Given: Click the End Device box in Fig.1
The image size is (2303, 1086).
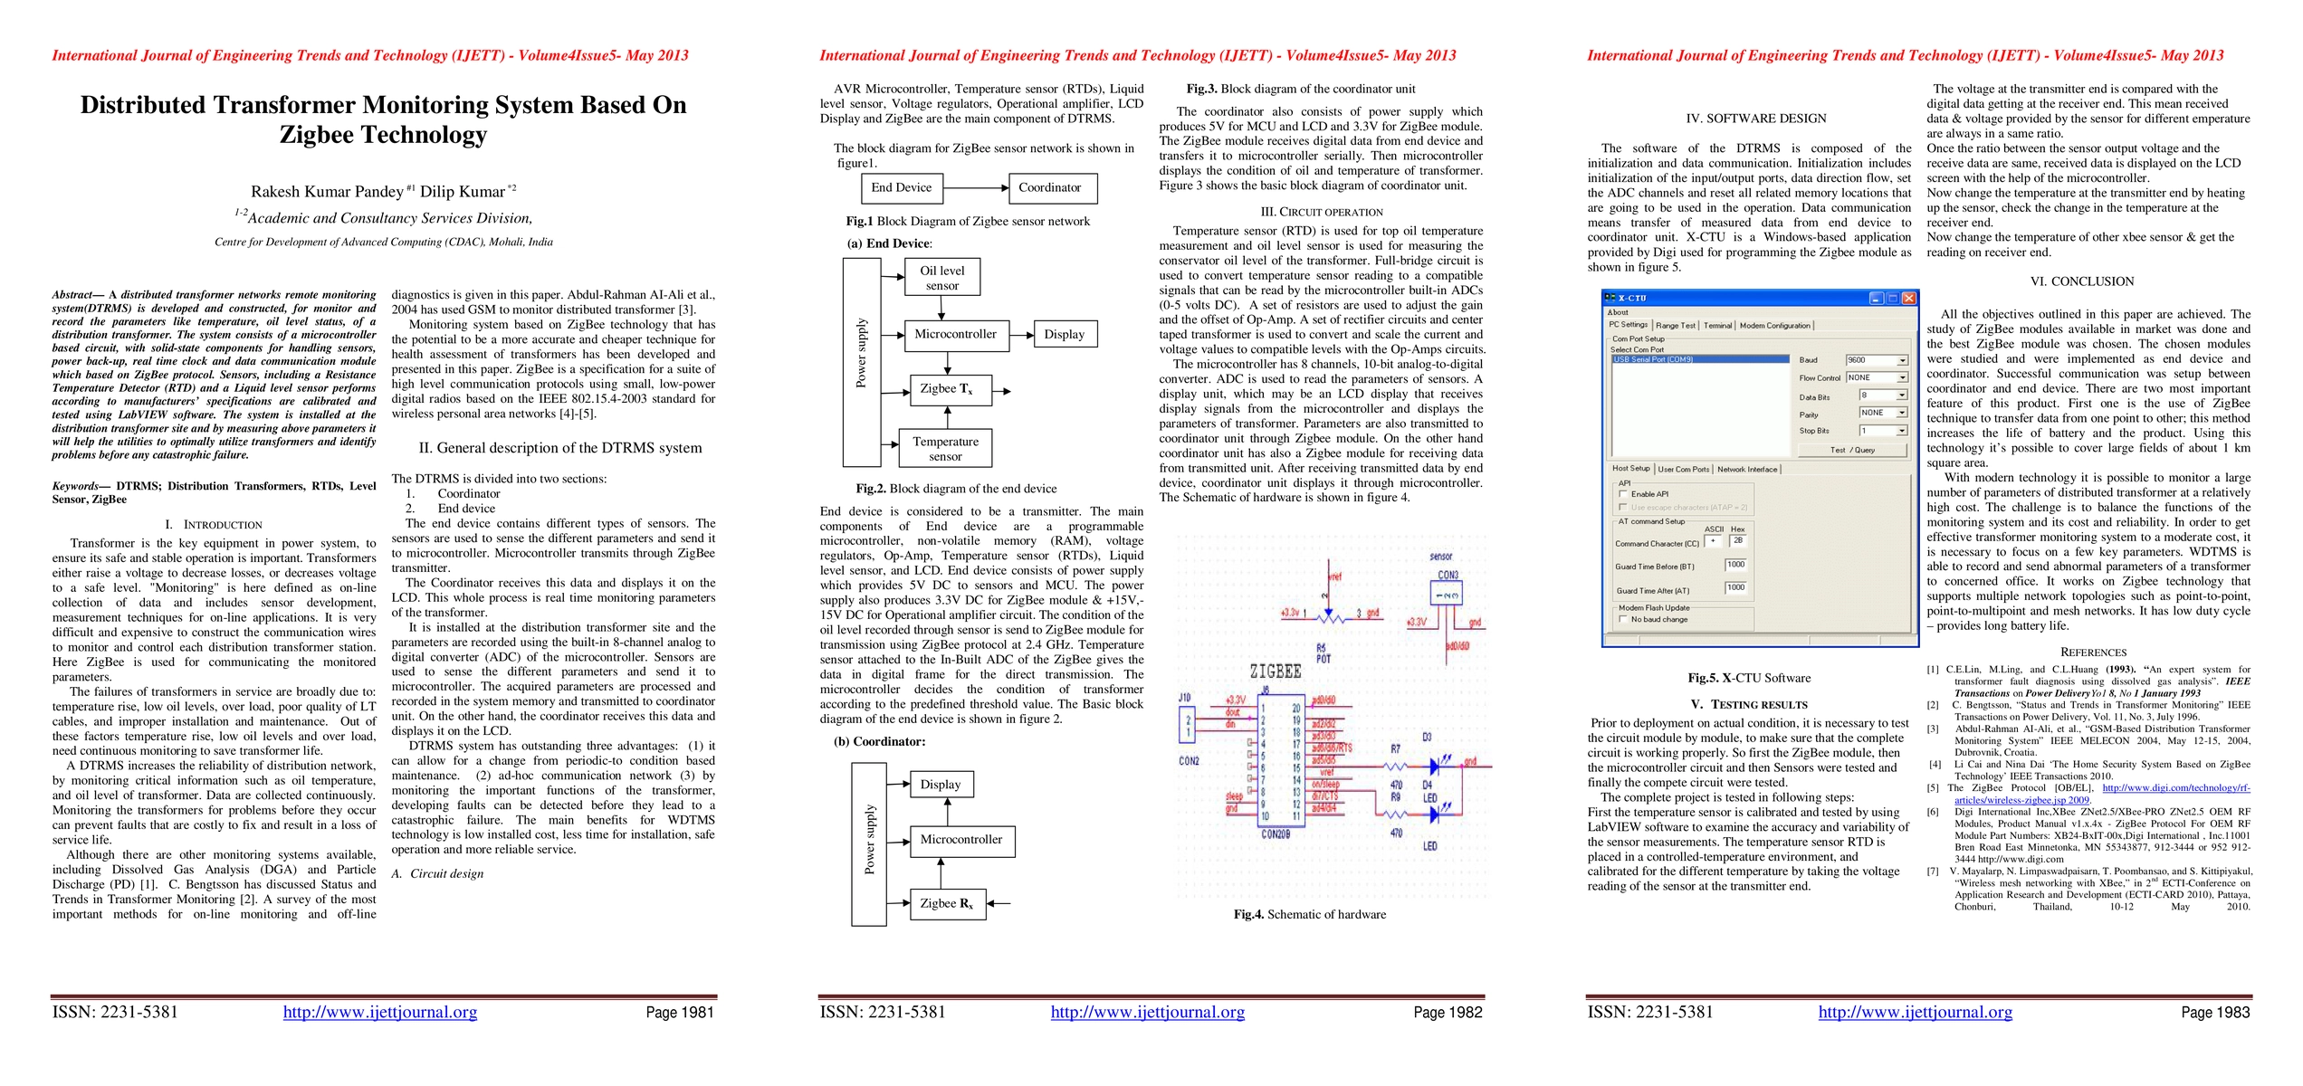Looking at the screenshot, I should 901,188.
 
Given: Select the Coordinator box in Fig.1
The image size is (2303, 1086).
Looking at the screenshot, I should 1050,188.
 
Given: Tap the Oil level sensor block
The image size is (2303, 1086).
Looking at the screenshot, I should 941,278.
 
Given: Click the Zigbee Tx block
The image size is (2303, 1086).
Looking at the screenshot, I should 946,389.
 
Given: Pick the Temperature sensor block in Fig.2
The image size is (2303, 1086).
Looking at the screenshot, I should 945,449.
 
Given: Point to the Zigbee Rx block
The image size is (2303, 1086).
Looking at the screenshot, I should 946,903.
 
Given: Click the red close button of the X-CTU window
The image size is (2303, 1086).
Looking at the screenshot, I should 1908,298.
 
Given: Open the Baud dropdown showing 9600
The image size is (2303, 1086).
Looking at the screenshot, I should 1878,360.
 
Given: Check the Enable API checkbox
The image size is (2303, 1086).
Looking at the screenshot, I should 1623,494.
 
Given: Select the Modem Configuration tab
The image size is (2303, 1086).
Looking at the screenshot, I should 1774,326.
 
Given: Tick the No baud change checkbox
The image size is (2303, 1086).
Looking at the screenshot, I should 1623,619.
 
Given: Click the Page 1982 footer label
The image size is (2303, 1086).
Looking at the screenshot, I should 1448,1013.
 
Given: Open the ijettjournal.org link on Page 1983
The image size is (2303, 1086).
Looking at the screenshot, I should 1915,1013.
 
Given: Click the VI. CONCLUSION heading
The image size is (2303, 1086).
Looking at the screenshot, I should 2092,282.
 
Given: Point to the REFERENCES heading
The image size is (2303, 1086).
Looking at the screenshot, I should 2093,653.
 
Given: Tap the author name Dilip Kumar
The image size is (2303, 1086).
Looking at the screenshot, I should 463,192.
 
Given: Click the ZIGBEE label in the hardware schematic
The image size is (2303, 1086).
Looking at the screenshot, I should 1275,672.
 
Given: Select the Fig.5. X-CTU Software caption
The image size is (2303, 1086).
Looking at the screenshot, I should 1749,678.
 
